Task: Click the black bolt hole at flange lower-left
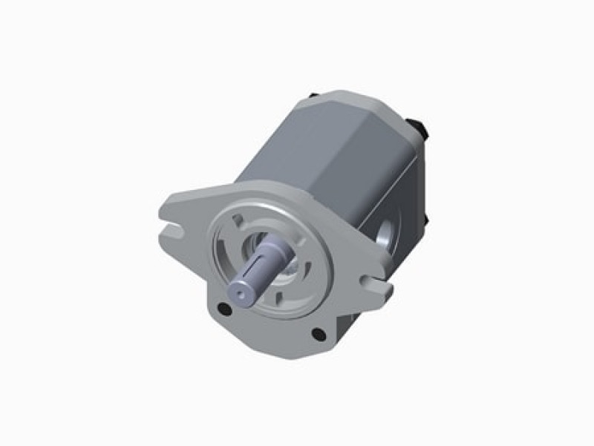pyautogui.click(x=222, y=309)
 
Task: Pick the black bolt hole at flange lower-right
pyautogui.click(x=319, y=335)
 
